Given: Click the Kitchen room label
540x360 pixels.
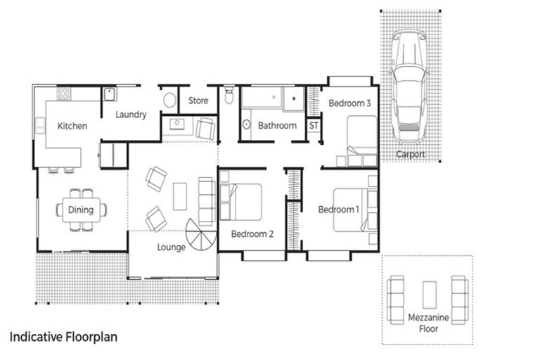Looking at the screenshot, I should pyautogui.click(x=72, y=127).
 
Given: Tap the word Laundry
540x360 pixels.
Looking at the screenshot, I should pyautogui.click(x=131, y=115).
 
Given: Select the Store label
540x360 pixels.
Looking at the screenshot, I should pyautogui.click(x=198, y=101).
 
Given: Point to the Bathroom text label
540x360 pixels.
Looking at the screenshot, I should pyautogui.click(x=277, y=126).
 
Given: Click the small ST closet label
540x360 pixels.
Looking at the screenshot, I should pyautogui.click(x=314, y=126).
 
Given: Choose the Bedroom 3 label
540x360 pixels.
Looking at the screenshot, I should pyautogui.click(x=349, y=103).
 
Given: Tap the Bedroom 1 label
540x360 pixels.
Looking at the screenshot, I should pyautogui.click(x=338, y=210).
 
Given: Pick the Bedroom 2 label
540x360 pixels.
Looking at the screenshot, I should pyautogui.click(x=252, y=234).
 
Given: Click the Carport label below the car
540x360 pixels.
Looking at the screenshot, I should pyautogui.click(x=410, y=154).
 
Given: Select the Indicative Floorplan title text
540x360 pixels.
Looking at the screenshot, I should pyautogui.click(x=64, y=337).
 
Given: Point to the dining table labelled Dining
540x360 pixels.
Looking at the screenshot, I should pyautogui.click(x=80, y=210).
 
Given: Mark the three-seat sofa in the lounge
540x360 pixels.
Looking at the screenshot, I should pyautogui.click(x=207, y=200).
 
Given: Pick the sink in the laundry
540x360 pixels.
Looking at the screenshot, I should pyautogui.click(x=110, y=94).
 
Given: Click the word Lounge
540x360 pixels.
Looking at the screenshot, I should pyautogui.click(x=172, y=247).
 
